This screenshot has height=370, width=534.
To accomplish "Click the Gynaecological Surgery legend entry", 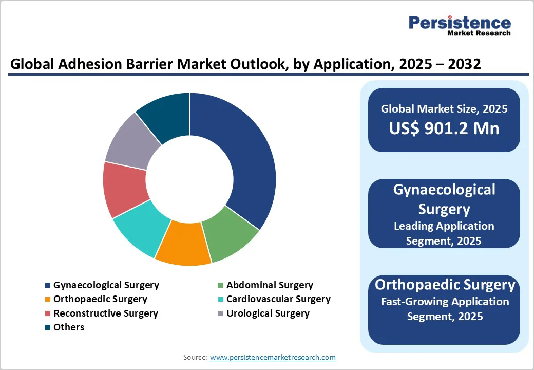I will (106, 285).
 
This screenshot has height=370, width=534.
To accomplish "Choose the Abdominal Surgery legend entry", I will (269, 285).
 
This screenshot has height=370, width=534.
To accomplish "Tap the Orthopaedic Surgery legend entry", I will (100, 299).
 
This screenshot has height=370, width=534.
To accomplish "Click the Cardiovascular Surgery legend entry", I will (278, 299).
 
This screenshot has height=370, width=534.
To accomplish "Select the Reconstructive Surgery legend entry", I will (105, 313).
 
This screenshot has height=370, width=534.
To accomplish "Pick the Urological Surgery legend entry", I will (268, 313).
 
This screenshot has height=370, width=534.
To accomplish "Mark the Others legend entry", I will (68, 327).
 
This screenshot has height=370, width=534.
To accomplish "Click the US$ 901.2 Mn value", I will (444, 128).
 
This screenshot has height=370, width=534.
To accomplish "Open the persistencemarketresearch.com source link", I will (273, 357).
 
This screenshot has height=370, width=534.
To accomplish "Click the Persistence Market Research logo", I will (459, 26).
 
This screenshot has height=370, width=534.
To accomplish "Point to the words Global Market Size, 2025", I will (444, 108).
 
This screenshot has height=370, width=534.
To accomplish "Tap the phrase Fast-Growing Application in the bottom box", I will (445, 302).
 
